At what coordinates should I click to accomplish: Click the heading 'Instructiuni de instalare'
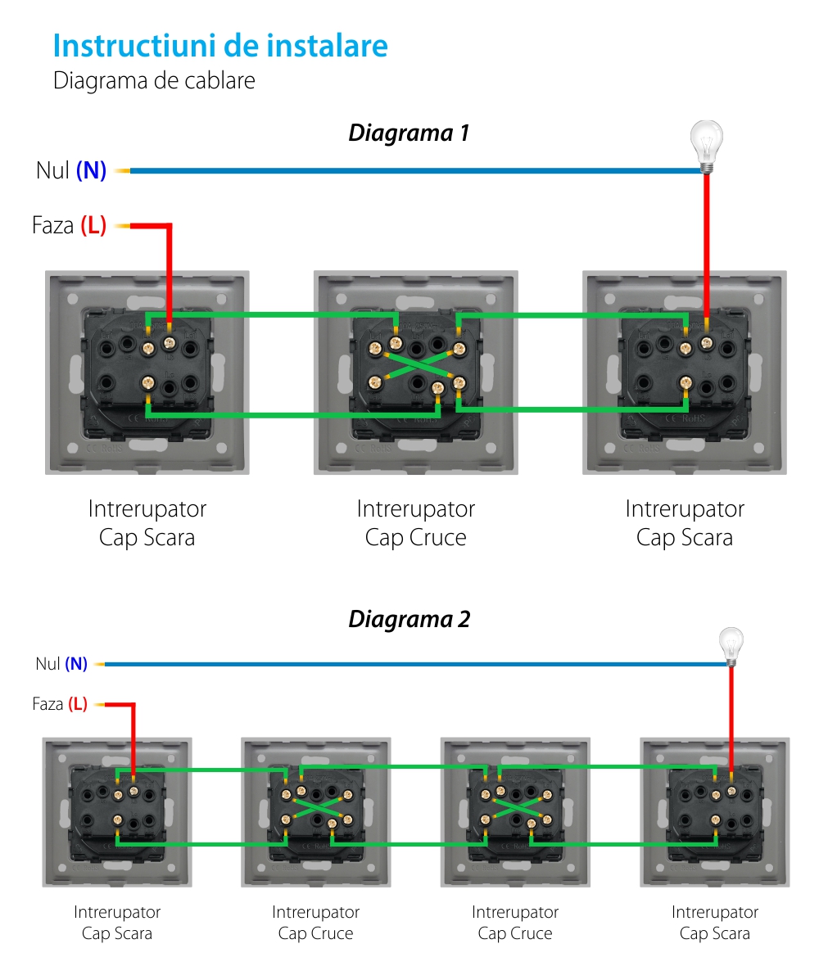[220, 46]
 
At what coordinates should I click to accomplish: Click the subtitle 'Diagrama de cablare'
[154, 81]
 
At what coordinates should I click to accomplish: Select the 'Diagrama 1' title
[409, 133]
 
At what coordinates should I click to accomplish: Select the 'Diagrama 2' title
[409, 619]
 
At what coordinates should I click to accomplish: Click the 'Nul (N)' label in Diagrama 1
[71, 170]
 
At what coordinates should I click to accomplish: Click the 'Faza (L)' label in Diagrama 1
[69, 225]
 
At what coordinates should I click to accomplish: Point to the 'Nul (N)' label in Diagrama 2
[61, 664]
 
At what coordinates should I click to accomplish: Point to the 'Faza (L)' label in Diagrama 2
[60, 703]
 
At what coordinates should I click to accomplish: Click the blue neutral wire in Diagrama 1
[409, 170]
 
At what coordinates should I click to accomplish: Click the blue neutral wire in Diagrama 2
[409, 664]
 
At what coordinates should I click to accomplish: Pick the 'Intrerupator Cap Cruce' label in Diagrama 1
[415, 523]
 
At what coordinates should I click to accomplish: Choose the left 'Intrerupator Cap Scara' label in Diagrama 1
[147, 523]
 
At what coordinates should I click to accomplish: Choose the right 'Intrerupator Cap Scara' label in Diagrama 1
[685, 523]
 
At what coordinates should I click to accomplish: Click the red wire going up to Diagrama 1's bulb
[706, 246]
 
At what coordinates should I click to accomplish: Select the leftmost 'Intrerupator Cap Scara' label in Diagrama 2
[117, 922]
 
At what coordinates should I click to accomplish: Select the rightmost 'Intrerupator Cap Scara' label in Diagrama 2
[715, 922]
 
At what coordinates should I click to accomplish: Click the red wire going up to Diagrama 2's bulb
[731, 712]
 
